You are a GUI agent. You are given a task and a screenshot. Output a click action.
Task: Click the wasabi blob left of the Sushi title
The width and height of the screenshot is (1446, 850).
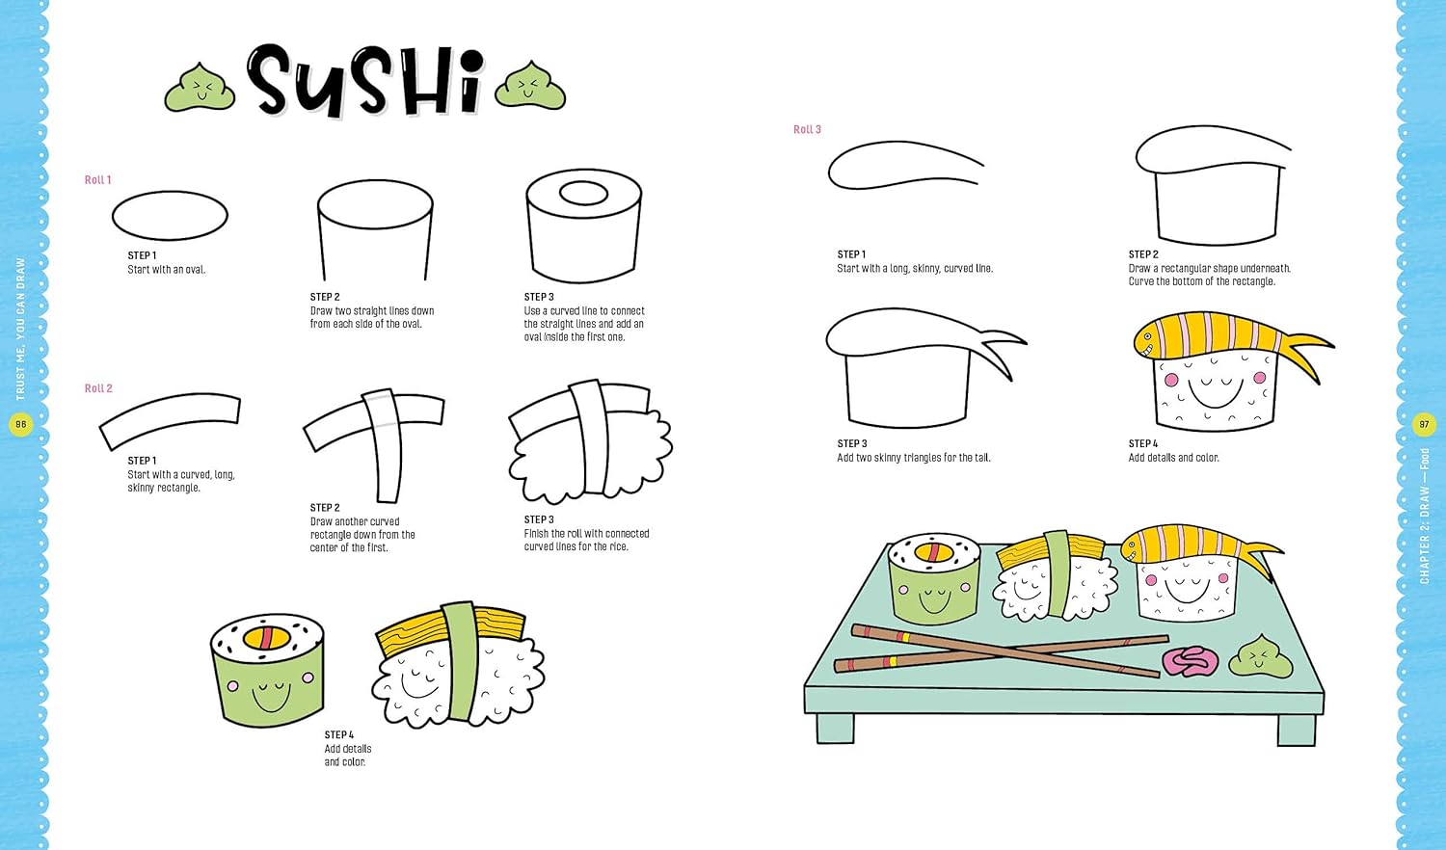pyautogui.click(x=201, y=89)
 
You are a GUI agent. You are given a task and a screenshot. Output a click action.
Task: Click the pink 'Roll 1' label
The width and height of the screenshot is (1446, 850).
pyautogui.click(x=98, y=180)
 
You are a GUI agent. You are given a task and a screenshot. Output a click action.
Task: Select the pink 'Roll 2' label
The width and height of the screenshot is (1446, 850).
pyautogui.click(x=98, y=388)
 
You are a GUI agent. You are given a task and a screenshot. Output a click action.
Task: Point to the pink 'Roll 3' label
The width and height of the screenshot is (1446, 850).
pyautogui.click(x=808, y=130)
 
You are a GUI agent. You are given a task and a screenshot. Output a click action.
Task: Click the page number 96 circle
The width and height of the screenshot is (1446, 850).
pyautogui.click(x=20, y=424)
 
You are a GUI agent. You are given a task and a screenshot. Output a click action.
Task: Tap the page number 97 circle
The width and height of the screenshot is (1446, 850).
pyautogui.click(x=1424, y=424)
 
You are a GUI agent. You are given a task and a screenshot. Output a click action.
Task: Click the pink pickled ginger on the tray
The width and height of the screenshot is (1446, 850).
pyautogui.click(x=1191, y=662)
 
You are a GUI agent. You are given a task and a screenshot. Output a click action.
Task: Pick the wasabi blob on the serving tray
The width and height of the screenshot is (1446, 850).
pyautogui.click(x=1261, y=658)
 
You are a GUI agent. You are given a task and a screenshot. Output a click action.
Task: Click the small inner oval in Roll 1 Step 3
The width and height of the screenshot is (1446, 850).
pyautogui.click(x=583, y=193)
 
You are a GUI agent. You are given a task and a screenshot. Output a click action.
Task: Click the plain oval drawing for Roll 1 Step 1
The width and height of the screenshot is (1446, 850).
pyautogui.click(x=170, y=216)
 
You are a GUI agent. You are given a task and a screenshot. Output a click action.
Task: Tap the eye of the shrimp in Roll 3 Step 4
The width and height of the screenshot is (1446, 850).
pyautogui.click(x=1148, y=336)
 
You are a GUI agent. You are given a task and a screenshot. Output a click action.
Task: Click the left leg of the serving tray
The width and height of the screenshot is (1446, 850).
pyautogui.click(x=836, y=729)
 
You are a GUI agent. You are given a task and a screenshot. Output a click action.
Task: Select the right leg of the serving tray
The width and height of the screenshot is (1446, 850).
pyautogui.click(x=1297, y=730)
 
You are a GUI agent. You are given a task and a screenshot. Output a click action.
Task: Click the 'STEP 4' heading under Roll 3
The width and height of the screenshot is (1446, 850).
pyautogui.click(x=1143, y=444)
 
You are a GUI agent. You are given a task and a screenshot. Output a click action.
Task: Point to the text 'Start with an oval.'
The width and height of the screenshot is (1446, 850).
pyautogui.click(x=167, y=270)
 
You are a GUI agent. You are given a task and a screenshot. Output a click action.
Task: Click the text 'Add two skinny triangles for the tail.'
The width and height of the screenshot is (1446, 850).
pyautogui.click(x=914, y=458)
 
